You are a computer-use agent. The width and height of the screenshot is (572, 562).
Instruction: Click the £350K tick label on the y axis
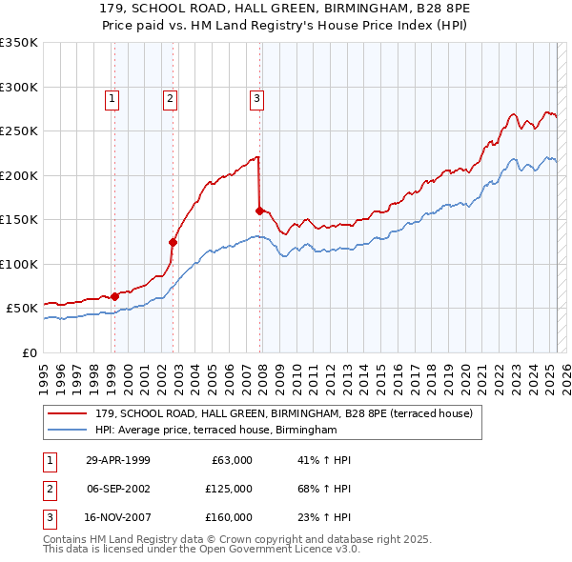(x=19, y=43)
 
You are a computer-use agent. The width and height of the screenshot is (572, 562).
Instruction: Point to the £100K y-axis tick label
(x=19, y=264)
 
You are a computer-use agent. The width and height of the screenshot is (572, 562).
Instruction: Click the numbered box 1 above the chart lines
(x=112, y=97)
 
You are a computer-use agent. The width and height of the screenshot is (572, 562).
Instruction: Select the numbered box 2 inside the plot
(x=170, y=97)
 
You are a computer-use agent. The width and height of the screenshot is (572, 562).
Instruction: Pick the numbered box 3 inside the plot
(x=257, y=97)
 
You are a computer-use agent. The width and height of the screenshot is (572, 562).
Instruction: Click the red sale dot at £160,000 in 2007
(x=259, y=211)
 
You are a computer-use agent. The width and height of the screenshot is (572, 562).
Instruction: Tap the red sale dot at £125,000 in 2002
(x=174, y=242)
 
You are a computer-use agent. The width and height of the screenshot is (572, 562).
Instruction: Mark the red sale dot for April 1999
(x=114, y=296)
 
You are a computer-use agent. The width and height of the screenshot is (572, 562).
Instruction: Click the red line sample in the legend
(x=68, y=413)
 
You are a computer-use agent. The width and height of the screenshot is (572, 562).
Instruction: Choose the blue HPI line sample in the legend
(x=68, y=431)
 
